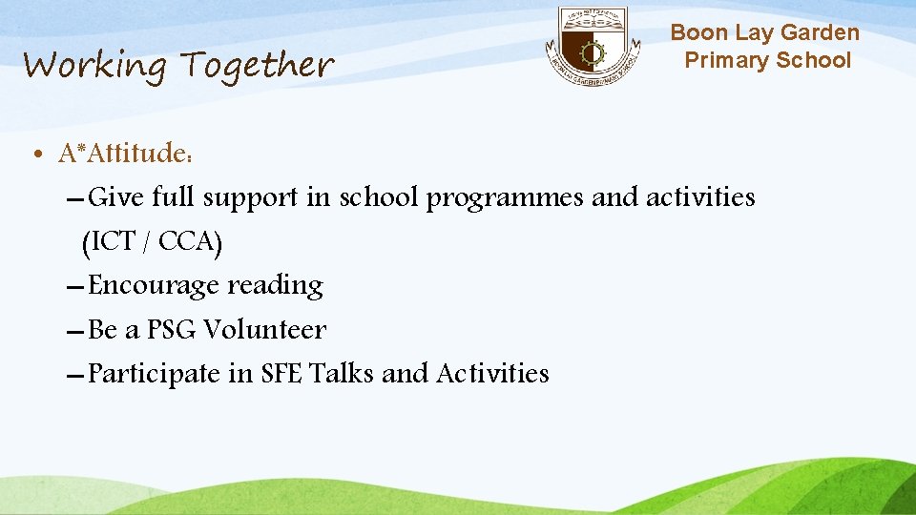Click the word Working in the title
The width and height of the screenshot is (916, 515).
pyautogui.click(x=94, y=66)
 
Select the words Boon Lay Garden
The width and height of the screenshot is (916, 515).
pyautogui.click(x=764, y=33)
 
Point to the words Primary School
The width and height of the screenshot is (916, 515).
pyautogui.click(x=767, y=60)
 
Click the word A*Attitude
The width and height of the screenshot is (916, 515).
pyautogui.click(x=121, y=153)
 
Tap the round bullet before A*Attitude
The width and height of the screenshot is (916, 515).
pyautogui.click(x=34, y=154)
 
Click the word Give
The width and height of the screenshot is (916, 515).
pyautogui.click(x=114, y=197)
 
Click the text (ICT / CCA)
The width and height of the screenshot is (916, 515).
pyautogui.click(x=153, y=243)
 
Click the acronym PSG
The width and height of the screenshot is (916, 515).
pyautogui.click(x=172, y=330)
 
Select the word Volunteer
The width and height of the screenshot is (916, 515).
pyautogui.click(x=264, y=330)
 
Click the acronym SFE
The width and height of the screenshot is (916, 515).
pyautogui.click(x=281, y=373)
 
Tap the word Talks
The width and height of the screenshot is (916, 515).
pyautogui.click(x=341, y=373)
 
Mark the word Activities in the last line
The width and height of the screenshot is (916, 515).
pyautogui.click(x=492, y=373)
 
